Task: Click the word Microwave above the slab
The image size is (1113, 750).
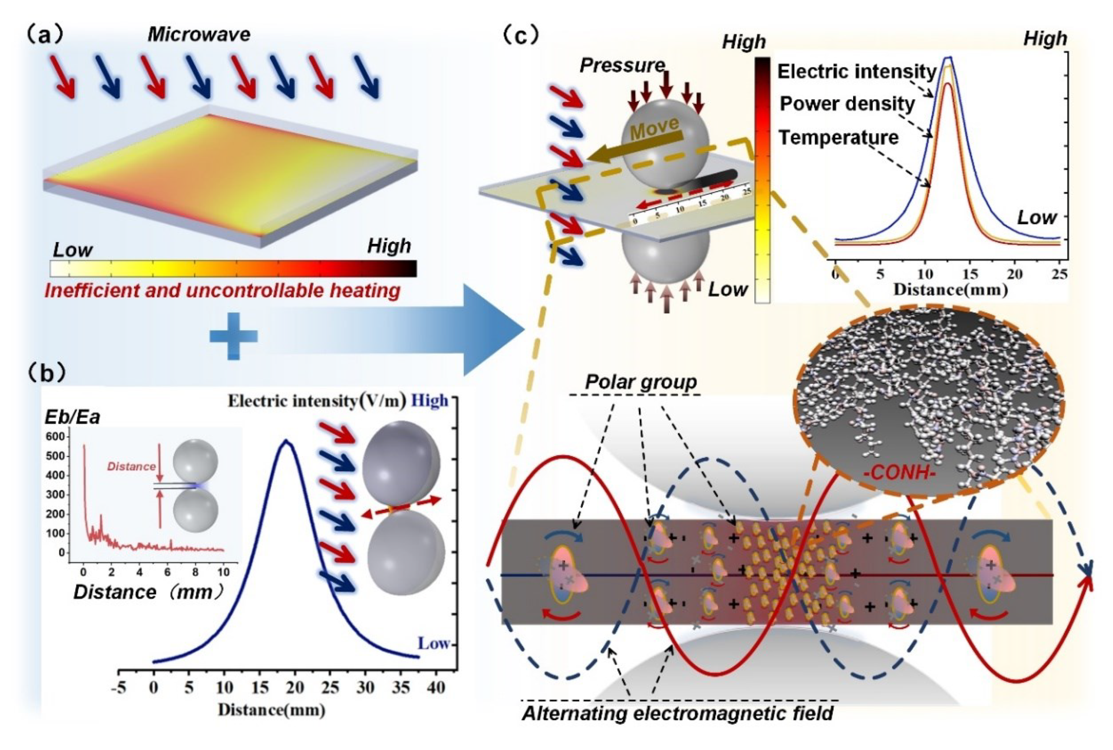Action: coord(199,35)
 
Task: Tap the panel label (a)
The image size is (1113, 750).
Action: coord(47,35)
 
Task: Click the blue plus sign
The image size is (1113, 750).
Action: coord(234,336)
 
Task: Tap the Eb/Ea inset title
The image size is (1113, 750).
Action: coord(72,417)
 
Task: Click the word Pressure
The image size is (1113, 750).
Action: coord(622,65)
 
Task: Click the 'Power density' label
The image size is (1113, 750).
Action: coord(847,104)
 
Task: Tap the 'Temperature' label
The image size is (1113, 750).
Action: coord(838,138)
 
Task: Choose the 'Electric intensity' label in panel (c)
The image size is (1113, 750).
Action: coord(857,72)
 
